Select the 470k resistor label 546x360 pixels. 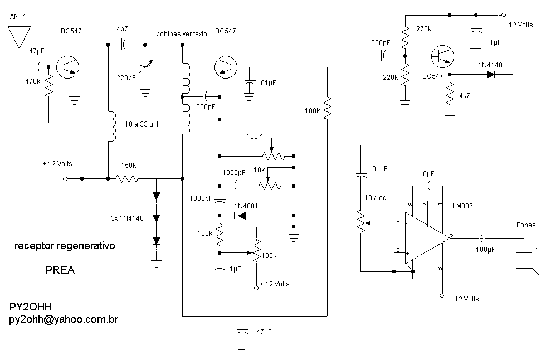coord(32,81)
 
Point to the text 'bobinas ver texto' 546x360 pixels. coord(182,34)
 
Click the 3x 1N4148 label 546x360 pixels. coord(127,218)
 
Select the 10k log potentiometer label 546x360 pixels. coord(376,198)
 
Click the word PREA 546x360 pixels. coord(60,270)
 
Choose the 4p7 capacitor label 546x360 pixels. coord(121,28)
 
